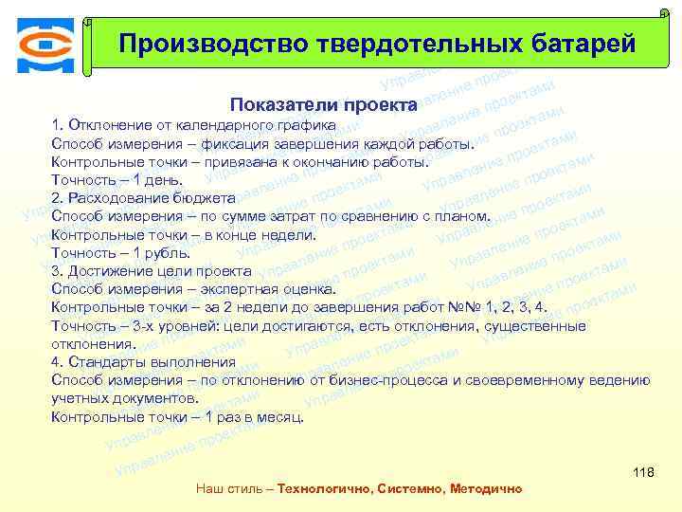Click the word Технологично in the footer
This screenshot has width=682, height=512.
(322, 489)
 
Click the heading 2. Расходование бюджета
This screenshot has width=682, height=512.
(143, 197)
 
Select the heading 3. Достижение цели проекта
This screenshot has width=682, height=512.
(151, 271)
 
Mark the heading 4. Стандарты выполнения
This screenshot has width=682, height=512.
(143, 361)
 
